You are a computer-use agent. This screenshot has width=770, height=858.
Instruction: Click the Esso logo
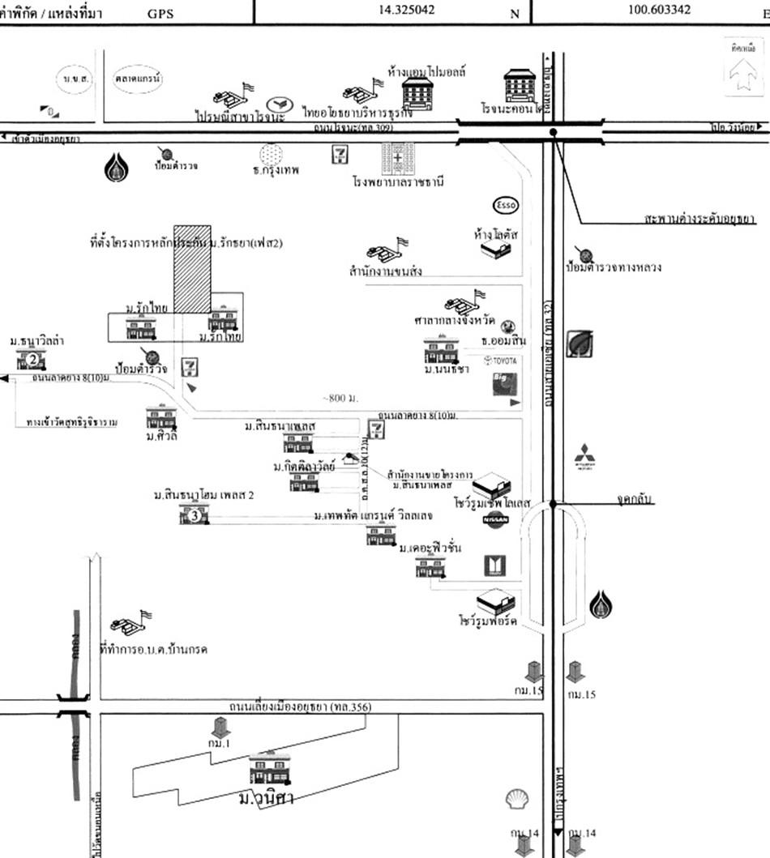tap(504, 204)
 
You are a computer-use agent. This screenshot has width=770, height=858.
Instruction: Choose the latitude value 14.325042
tap(406, 11)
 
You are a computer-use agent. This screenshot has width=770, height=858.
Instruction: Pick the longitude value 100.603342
tap(659, 11)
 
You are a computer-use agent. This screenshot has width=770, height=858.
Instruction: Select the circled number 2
tap(32, 360)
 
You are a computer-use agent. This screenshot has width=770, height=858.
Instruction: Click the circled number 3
tap(194, 514)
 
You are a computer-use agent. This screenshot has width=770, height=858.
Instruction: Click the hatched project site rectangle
tap(192, 268)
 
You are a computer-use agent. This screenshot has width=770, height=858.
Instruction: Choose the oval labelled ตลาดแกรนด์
tap(138, 79)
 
